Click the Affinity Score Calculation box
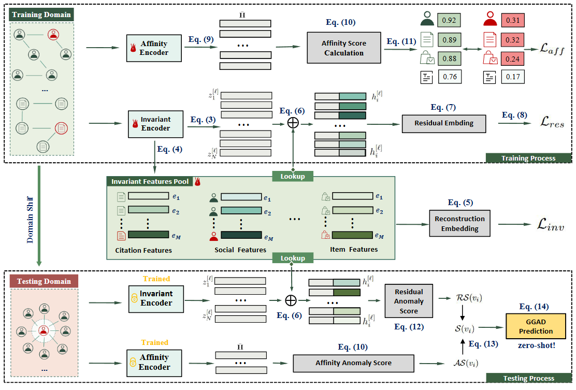coord(343,48)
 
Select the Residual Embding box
coord(445,124)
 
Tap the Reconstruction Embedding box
coord(460,223)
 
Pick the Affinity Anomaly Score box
coord(353,363)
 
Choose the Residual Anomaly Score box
coord(409,301)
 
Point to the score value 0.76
coord(449,78)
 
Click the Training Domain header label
coord(41,15)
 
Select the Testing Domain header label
coord(44,281)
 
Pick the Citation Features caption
coord(143,250)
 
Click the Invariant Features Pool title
coord(150,182)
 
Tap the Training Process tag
coord(528,158)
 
